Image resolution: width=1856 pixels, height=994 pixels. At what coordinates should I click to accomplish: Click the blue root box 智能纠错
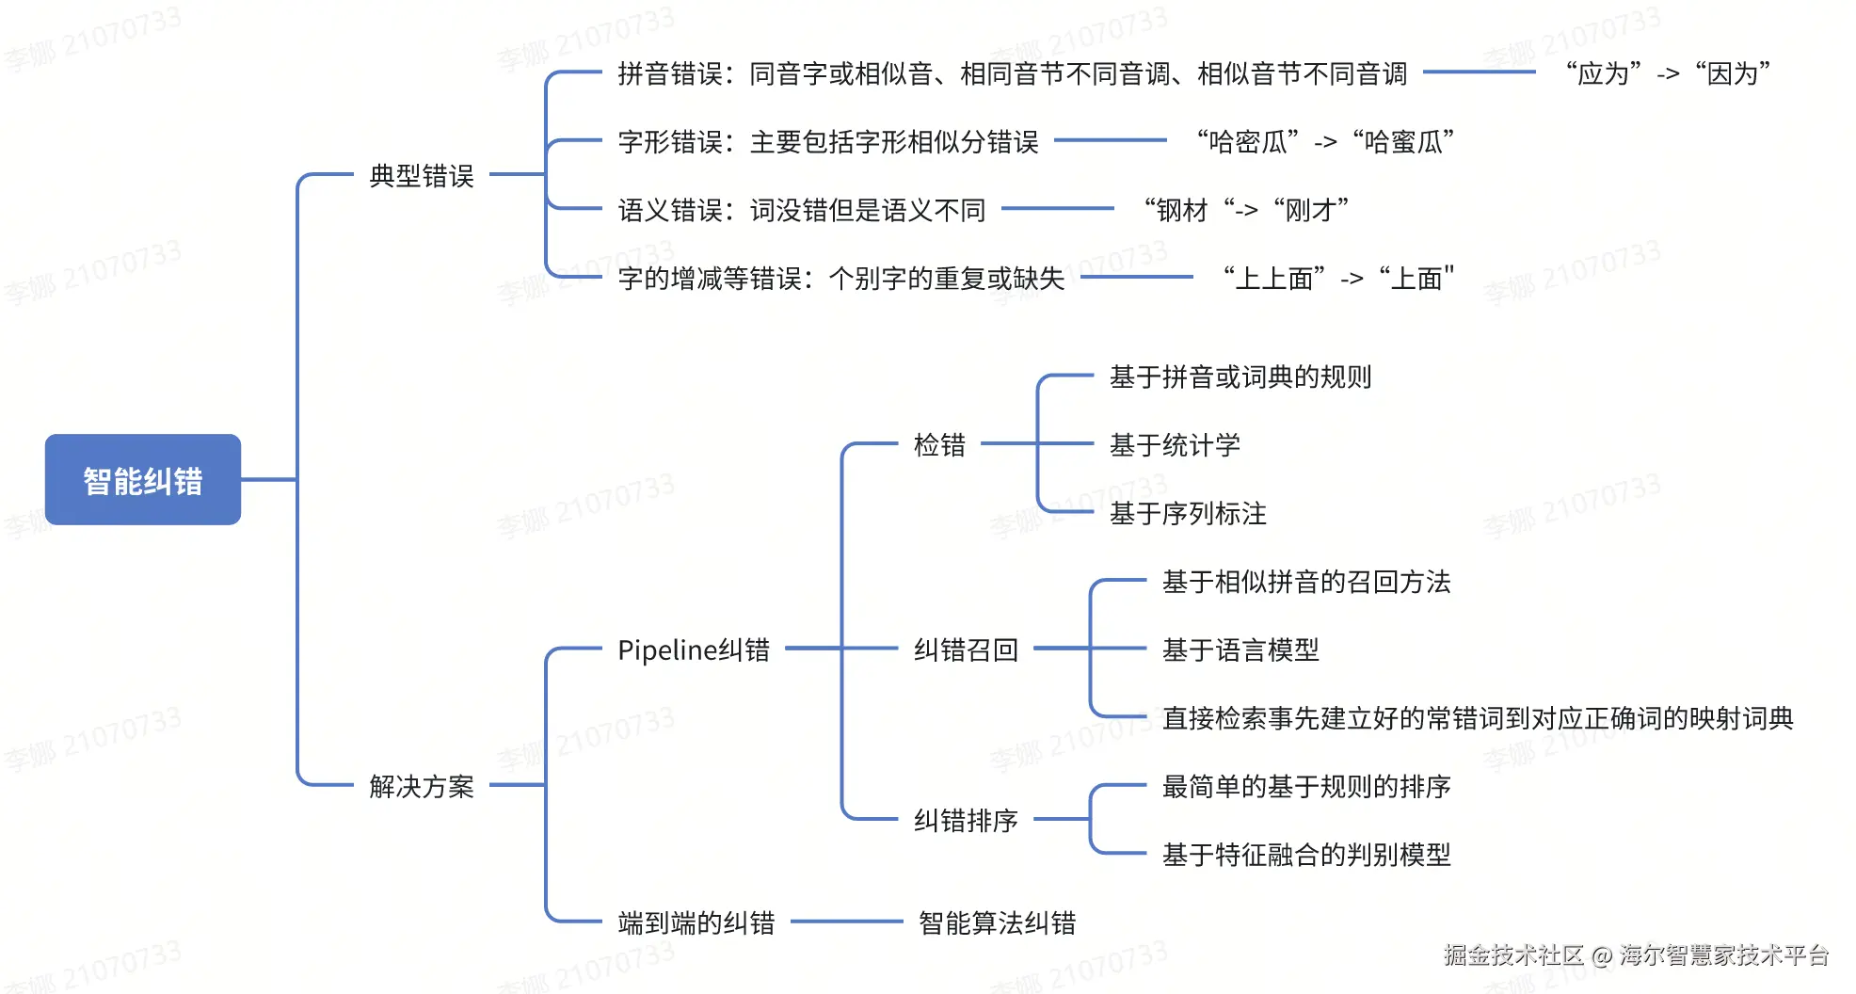click(143, 480)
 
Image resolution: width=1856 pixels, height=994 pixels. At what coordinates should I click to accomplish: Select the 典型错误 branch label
click(421, 176)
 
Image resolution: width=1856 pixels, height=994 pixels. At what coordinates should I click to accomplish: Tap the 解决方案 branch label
click(421, 786)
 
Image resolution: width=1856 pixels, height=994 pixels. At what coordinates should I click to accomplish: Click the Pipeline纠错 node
click(693, 649)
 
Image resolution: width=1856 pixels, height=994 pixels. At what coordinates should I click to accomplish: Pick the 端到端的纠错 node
click(696, 922)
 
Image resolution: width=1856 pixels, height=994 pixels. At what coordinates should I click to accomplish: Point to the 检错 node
click(939, 444)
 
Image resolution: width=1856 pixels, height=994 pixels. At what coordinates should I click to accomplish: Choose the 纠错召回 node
click(966, 649)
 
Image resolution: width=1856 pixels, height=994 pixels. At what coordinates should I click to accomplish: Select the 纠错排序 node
click(966, 820)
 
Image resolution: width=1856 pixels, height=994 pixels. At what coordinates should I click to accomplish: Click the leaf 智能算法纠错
click(997, 922)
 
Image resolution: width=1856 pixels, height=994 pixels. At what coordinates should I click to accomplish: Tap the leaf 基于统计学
click(1175, 444)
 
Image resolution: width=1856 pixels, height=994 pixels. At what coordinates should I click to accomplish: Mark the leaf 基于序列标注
click(1188, 513)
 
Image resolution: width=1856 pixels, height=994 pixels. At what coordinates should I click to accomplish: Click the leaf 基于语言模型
click(1240, 649)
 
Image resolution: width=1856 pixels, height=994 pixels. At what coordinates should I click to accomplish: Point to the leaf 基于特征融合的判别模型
click(1306, 855)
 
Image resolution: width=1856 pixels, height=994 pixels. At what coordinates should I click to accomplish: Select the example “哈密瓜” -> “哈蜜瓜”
click(1325, 141)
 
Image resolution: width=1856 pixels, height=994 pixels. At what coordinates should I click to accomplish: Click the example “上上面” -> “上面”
click(1338, 278)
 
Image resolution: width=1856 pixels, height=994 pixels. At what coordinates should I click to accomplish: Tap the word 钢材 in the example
click(1182, 210)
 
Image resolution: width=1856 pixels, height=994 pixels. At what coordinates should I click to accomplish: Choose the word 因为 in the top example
click(1733, 73)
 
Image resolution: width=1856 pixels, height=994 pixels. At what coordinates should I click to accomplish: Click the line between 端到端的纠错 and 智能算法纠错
click(846, 922)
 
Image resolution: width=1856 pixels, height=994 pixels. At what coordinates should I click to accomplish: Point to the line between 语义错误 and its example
click(1058, 209)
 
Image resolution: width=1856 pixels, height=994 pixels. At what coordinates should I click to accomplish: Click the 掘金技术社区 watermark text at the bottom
click(1513, 955)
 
